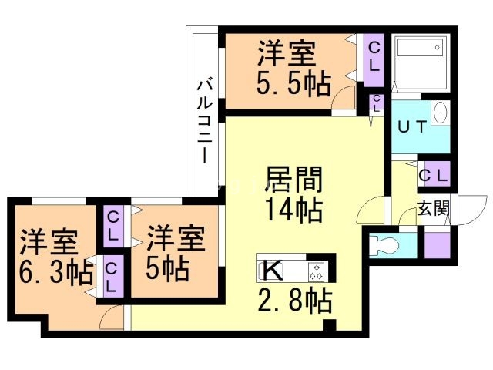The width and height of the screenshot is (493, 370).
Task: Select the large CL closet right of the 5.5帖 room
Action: click(x=374, y=55)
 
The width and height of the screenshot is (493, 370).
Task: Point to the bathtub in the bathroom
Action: click(x=420, y=61)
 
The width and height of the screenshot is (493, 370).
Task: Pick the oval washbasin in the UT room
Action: click(x=440, y=113)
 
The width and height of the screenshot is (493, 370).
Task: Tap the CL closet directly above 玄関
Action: click(x=433, y=175)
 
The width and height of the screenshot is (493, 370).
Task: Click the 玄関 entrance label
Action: click(x=433, y=207)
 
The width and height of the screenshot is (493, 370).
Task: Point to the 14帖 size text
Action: click(x=293, y=207)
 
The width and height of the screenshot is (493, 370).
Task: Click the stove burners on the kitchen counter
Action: click(x=317, y=271)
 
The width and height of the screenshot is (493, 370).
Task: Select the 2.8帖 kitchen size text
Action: click(x=293, y=300)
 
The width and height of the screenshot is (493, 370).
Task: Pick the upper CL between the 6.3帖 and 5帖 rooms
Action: click(x=113, y=225)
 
